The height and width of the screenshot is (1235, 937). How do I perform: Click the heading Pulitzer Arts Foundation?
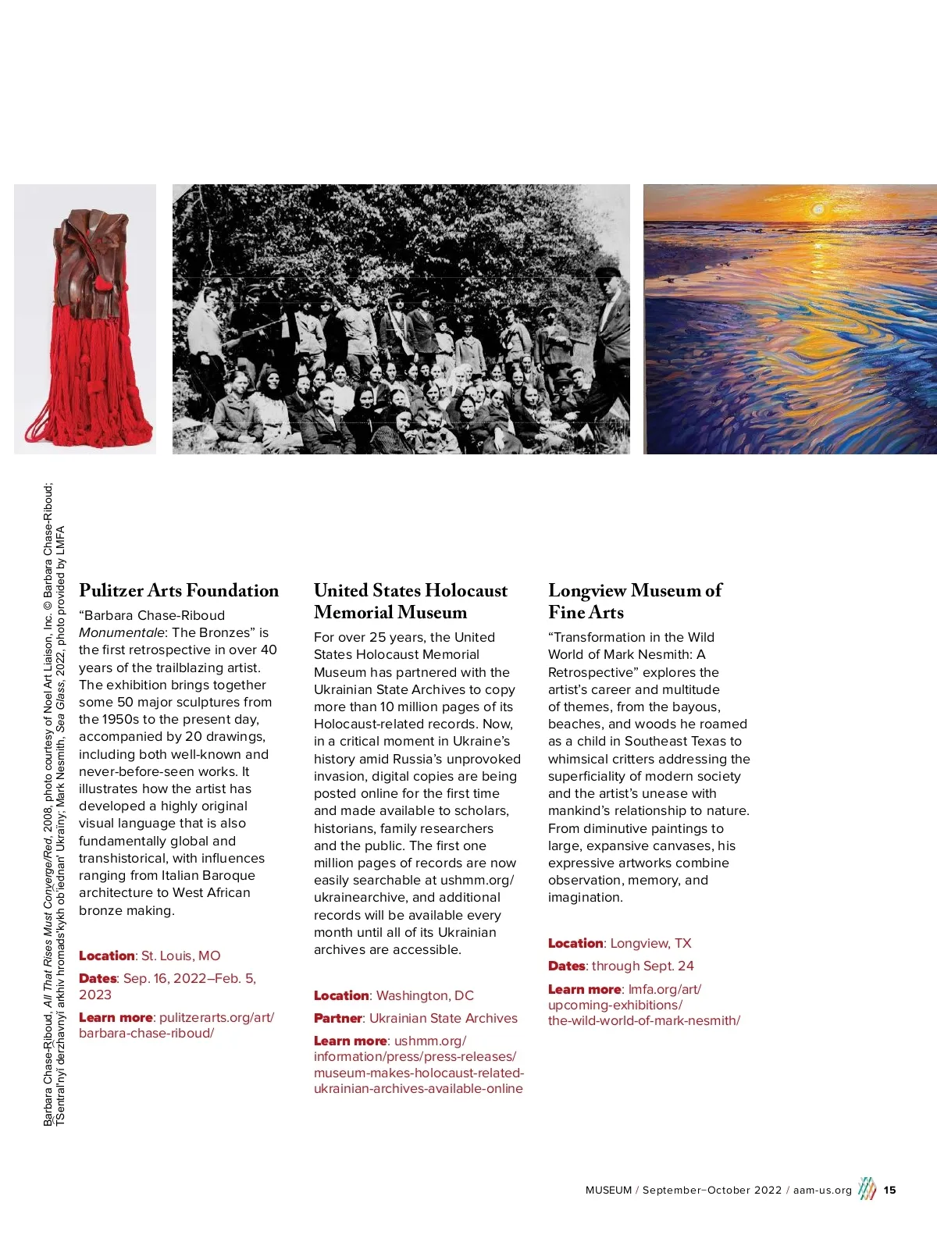[x=179, y=590]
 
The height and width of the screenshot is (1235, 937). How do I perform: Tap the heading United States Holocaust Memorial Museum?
[x=410, y=601]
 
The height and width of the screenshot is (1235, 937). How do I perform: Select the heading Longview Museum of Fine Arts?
[x=635, y=601]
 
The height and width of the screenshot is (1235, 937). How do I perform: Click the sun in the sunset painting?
[x=818, y=209]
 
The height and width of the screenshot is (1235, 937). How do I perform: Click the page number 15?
[x=890, y=1191]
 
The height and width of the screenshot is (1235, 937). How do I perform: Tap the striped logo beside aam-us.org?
[x=867, y=1189]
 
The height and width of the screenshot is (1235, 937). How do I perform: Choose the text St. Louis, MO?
[x=180, y=956]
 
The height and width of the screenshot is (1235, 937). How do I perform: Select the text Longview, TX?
[x=650, y=943]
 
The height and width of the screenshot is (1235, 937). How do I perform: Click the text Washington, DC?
[x=425, y=995]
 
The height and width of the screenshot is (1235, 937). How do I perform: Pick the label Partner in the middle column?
[x=337, y=1018]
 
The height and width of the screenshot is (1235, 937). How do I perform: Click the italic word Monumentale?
[x=122, y=632]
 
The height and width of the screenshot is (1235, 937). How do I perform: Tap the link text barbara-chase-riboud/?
[x=146, y=1033]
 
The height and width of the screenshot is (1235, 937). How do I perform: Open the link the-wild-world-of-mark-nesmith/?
[x=643, y=1020]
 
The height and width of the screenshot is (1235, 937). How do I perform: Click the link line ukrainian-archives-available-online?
[x=418, y=1088]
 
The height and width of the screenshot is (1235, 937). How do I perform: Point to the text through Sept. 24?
[x=643, y=966]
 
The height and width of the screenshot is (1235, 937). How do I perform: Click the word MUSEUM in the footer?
[x=608, y=1191]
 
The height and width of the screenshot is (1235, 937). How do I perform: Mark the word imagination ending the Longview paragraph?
[x=585, y=897]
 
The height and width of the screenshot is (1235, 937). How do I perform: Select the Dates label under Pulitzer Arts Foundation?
[x=97, y=978]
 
